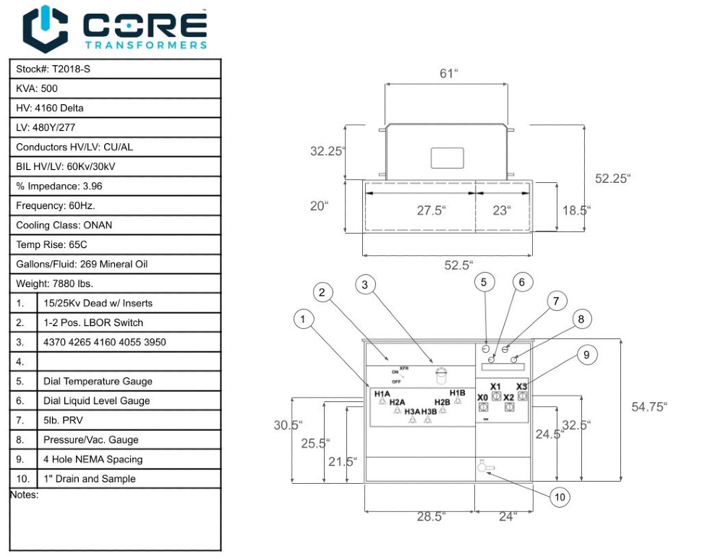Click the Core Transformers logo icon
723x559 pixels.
pyautogui.click(x=46, y=28)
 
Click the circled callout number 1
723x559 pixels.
pyautogui.click(x=304, y=319)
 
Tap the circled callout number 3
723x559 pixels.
pyautogui.click(x=365, y=284)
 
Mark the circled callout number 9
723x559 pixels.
pyautogui.click(x=587, y=354)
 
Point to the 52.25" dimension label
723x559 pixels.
pyautogui.click(x=612, y=179)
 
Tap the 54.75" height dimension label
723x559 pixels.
pyautogui.click(x=649, y=407)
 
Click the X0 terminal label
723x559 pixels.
pyautogui.click(x=482, y=398)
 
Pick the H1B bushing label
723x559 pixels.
pyautogui.click(x=457, y=393)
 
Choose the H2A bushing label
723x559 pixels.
pyautogui.click(x=397, y=402)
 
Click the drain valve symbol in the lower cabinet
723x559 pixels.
pyautogui.click(x=483, y=467)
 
